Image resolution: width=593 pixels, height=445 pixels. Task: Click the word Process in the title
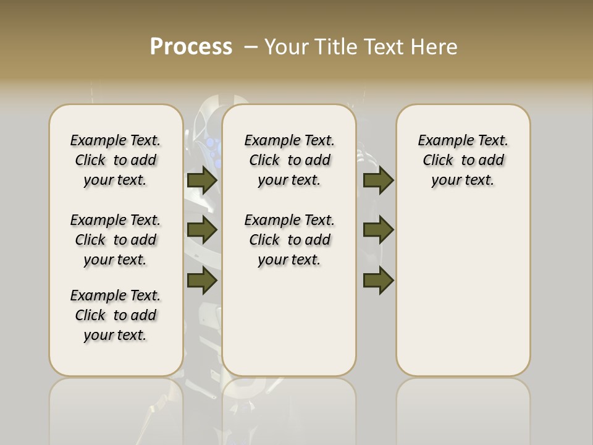pyautogui.click(x=191, y=46)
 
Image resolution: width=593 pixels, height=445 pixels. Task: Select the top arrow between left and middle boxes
pyautogui.click(x=201, y=180)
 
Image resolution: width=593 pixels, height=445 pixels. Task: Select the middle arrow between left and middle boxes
pyautogui.click(x=201, y=230)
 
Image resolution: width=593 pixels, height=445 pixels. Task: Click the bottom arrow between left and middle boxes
pyautogui.click(x=201, y=281)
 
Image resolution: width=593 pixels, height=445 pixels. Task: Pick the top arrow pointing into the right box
pyautogui.click(x=378, y=180)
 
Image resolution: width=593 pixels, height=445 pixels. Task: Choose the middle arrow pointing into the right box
pyautogui.click(x=378, y=230)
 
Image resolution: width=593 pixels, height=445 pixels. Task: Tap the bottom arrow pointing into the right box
pyautogui.click(x=378, y=281)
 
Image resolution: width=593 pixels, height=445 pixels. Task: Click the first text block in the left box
pyautogui.click(x=116, y=160)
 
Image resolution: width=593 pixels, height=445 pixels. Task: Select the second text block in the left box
pyautogui.click(x=116, y=240)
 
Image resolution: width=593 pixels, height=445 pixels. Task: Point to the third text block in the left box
pyautogui.click(x=116, y=315)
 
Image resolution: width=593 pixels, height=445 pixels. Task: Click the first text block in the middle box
pyautogui.click(x=289, y=160)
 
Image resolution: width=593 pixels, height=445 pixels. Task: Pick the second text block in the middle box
pyautogui.click(x=289, y=240)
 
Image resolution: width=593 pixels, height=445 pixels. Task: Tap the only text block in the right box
pyautogui.click(x=463, y=160)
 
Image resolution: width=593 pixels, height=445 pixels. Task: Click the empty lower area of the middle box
pyautogui.click(x=289, y=321)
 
